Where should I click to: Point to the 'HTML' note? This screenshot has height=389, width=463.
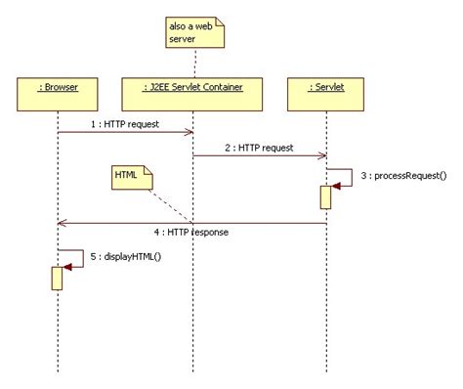click(130, 177)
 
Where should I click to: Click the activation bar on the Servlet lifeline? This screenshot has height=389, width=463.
click(325, 196)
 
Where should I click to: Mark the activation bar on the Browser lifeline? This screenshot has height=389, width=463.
click(58, 278)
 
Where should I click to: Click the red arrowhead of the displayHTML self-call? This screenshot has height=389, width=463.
click(67, 266)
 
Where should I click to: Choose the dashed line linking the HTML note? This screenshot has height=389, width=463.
click(172, 204)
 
